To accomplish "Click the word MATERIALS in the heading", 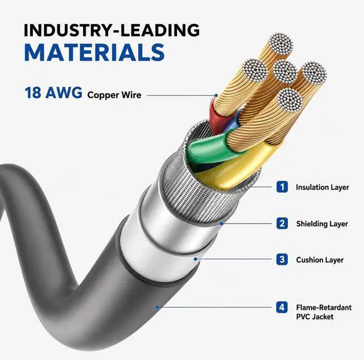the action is pos(94,52).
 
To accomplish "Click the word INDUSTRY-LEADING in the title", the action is pos(111,30).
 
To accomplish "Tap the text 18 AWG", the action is pos(53,93).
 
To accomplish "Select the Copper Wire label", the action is pos(114,95).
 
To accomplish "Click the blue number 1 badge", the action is pos(282,187).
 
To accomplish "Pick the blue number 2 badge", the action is pos(282,224).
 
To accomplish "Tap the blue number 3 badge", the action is pos(282,259).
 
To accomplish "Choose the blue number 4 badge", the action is pos(282,307).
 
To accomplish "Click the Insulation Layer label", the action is pos(322,187).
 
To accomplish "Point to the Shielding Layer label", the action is pos(322,224).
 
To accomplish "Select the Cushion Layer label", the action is pos(320,260).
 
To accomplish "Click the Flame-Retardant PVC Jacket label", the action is pos(324,312).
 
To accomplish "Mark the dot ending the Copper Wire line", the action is pos(216,96).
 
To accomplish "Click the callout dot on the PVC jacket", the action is pos(158,307).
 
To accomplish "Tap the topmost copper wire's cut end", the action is pos(280,45).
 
